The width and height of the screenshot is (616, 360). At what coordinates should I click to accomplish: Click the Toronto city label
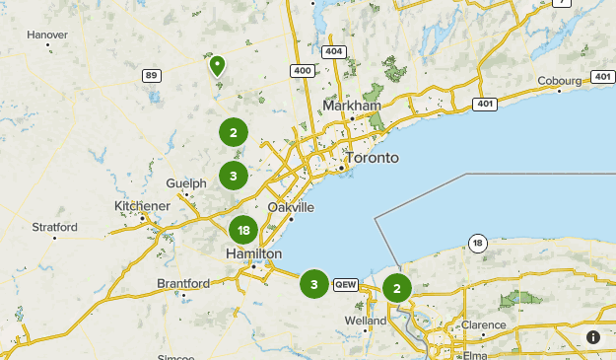pyautogui.click(x=372, y=158)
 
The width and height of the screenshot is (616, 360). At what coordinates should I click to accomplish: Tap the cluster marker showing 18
pyautogui.click(x=243, y=231)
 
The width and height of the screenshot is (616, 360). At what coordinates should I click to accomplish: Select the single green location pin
pyautogui.click(x=217, y=66)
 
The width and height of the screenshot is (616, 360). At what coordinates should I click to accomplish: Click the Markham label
pyautogui.click(x=352, y=107)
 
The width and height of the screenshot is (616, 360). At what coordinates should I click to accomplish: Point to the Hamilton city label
pyautogui.click(x=253, y=253)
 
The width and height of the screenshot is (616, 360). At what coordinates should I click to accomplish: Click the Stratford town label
pyautogui.click(x=54, y=227)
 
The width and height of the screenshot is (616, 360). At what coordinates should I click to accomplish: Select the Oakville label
pyautogui.click(x=291, y=208)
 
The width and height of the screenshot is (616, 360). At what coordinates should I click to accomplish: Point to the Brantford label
pyautogui.click(x=183, y=283)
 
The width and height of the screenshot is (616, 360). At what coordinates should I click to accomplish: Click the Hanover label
pyautogui.click(x=47, y=35)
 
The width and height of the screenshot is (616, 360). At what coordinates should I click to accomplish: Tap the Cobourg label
pyautogui.click(x=561, y=81)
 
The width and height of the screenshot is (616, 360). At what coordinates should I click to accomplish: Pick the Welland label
pyautogui.click(x=366, y=321)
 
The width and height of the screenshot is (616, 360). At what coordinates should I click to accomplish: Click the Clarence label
pyautogui.click(x=484, y=324)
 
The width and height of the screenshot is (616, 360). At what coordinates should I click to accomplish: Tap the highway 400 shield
pyautogui.click(x=302, y=70)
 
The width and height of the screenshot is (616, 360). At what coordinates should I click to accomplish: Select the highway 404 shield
pyautogui.click(x=333, y=51)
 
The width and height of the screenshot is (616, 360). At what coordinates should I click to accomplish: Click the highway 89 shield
pyautogui.click(x=151, y=75)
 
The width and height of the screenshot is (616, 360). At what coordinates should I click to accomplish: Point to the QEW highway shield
pyautogui.click(x=345, y=284)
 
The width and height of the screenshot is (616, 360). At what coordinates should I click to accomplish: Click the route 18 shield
pyautogui.click(x=477, y=243)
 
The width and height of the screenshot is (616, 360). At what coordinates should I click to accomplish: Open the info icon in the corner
pyautogui.click(x=593, y=337)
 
